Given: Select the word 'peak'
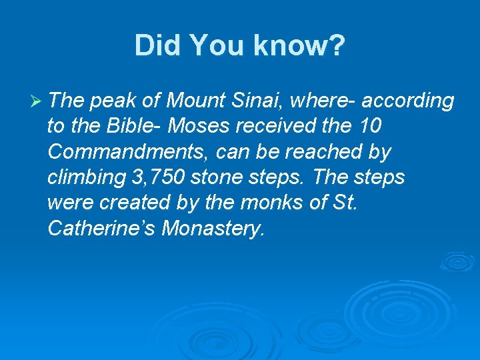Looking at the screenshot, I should [108, 101].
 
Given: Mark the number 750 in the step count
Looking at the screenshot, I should [166, 177].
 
